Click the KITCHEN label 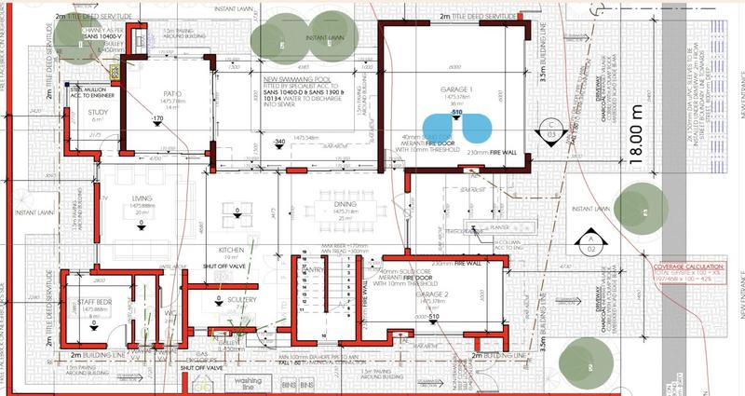tap(230, 251)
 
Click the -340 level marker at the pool tap(278, 141)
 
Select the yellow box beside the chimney tap(115, 70)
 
